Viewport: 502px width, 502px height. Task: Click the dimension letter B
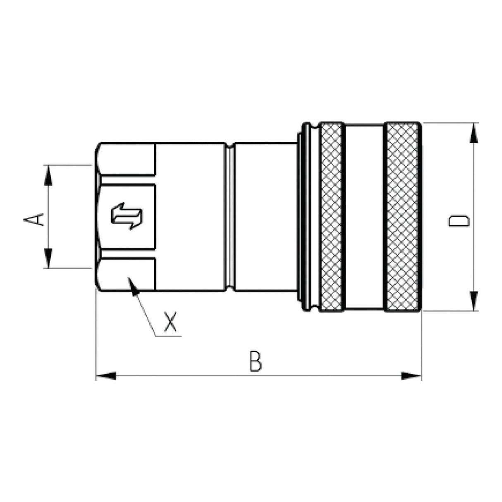pos(256,361)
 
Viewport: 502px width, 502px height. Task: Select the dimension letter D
pos(459,220)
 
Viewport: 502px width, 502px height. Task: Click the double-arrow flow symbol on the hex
pos(127,216)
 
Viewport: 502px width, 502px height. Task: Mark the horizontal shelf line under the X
pos(168,336)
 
